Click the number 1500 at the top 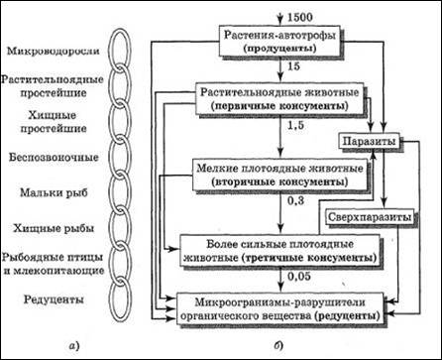(x=300, y=17)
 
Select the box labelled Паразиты (x=370, y=142)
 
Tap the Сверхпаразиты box (x=370, y=217)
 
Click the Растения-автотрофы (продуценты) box (x=279, y=42)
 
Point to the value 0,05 (x=299, y=276)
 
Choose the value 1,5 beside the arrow (x=295, y=126)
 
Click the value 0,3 (x=295, y=200)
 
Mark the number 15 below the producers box (x=293, y=66)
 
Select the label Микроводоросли (x=54, y=52)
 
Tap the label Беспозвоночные (x=54, y=157)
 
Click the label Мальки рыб (x=54, y=192)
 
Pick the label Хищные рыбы (x=54, y=228)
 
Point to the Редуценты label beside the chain (x=54, y=300)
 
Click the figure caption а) (x=74, y=346)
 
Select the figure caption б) (x=277, y=345)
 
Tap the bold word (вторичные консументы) (x=279, y=182)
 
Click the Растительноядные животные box (x=279, y=99)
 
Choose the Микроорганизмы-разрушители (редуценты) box (x=280, y=308)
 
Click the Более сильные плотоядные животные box (x=279, y=250)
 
